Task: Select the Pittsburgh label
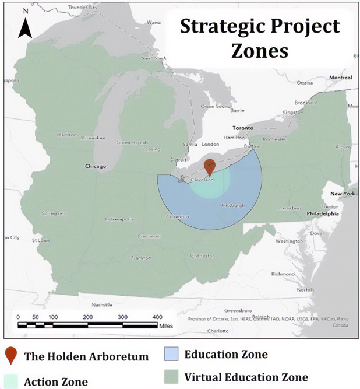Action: coord(233,206)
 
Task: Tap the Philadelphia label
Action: coord(317,213)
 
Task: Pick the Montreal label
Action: coord(340,78)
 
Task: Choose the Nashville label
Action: coord(102,304)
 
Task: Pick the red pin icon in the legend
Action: coord(10,356)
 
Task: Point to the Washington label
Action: coord(289,240)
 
